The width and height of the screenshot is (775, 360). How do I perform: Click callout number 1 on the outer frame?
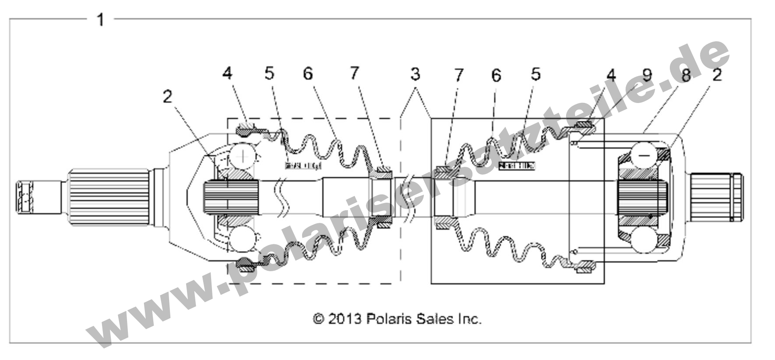[x=100, y=19]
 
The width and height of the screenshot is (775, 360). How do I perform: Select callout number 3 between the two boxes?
[x=415, y=74]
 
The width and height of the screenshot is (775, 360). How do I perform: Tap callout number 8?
[x=686, y=75]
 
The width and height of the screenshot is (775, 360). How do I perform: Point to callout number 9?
[x=646, y=75]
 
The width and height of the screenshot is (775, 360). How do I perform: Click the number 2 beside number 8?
[x=716, y=75]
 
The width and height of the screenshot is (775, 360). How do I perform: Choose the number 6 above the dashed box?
[x=308, y=74]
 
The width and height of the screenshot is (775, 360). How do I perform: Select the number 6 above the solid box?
[x=496, y=75]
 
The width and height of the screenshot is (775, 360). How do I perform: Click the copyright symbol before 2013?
[x=318, y=319]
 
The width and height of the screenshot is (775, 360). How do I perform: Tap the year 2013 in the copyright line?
[x=344, y=319]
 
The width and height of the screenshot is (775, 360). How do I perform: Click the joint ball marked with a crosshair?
[x=243, y=156]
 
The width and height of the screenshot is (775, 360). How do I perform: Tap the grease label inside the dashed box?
[x=303, y=166]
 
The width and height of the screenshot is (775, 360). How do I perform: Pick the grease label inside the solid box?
[x=517, y=166]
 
